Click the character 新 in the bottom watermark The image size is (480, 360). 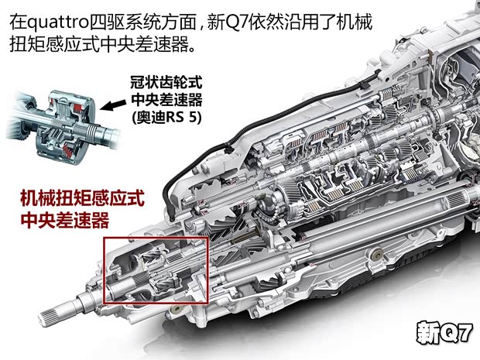coord(427,332)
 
